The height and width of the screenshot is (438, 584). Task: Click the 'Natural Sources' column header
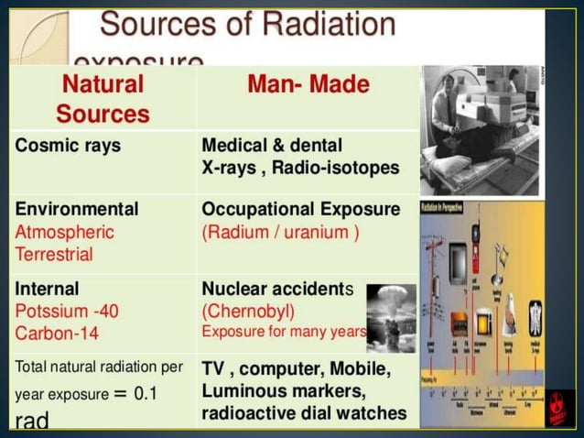[103, 100]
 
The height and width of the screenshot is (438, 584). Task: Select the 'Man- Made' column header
[308, 86]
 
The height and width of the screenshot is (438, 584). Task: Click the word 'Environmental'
[77, 209]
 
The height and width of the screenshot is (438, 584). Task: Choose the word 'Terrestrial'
[54, 254]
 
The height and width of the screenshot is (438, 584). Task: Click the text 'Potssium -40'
[67, 311]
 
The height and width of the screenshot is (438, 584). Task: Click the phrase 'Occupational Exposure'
[300, 209]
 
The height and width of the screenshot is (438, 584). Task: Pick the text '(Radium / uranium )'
[280, 232]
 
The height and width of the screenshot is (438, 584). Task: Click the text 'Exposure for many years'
[283, 332]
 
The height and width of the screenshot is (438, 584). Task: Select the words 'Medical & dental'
[272, 146]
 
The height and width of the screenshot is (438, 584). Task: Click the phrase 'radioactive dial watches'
[304, 413]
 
